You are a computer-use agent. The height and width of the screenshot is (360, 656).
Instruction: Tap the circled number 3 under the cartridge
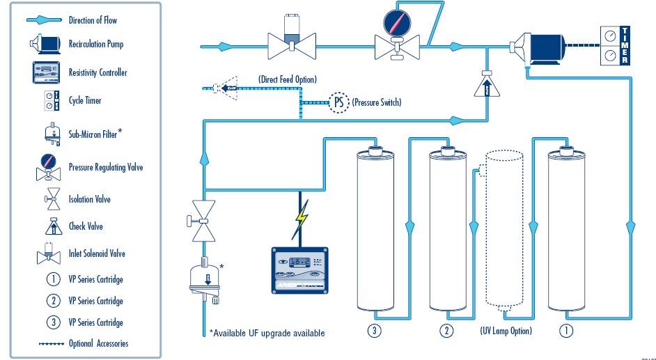click(x=375, y=331)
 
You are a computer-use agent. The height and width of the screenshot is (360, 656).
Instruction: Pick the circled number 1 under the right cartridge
click(x=567, y=331)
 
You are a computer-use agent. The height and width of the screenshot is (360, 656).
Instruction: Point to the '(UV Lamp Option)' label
click(x=506, y=331)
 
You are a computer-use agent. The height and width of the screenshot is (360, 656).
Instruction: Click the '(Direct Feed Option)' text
click(x=287, y=79)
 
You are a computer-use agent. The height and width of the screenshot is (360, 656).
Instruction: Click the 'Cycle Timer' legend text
click(x=85, y=101)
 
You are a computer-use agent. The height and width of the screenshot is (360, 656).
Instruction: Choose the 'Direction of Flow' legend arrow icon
click(x=44, y=20)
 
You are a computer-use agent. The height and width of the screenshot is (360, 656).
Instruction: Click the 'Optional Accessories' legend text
click(x=98, y=344)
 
